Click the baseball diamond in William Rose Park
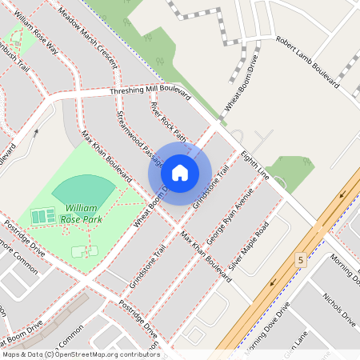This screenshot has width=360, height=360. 84,190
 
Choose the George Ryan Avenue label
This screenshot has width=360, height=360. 229,216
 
